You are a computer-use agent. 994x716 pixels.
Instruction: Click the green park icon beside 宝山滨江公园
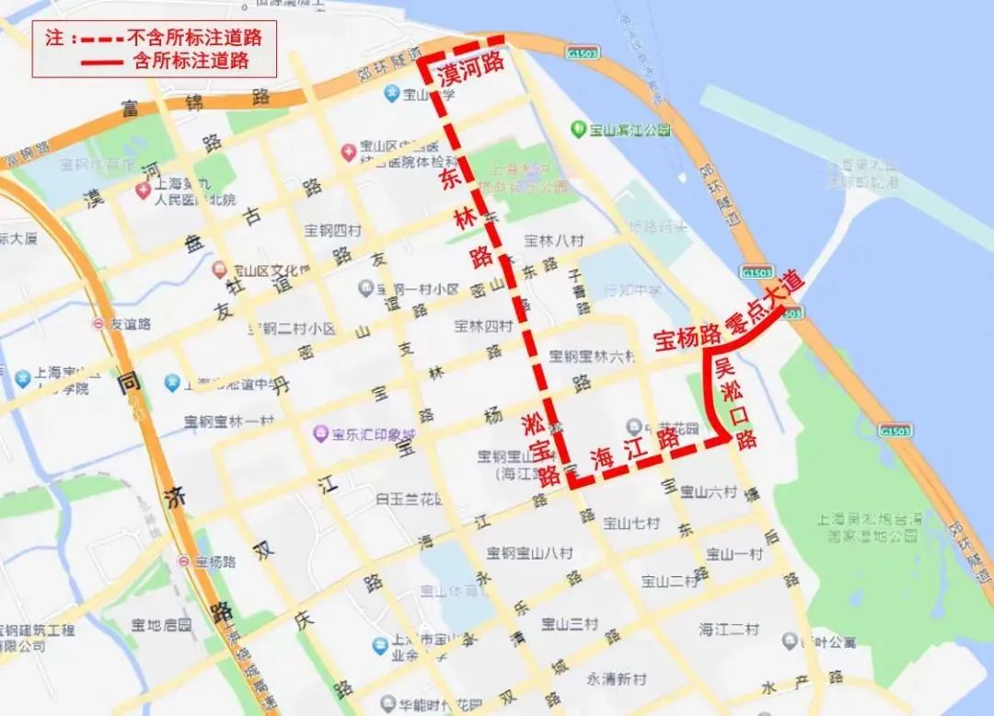pyautogui.click(x=579, y=129)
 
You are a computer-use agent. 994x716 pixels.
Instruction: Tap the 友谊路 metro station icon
pyautogui.click(x=98, y=324)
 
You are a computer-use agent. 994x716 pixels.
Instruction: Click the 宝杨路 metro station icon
pyautogui.click(x=184, y=561)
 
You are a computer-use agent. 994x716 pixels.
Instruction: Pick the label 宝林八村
pyautogui.click(x=554, y=241)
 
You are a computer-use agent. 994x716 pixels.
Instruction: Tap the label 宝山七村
pyautogui.click(x=631, y=524)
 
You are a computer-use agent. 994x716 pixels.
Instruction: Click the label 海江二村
pyautogui.click(x=729, y=629)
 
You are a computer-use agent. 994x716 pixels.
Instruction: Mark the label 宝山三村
pyautogui.click(x=570, y=624)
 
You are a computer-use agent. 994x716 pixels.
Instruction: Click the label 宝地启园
pyautogui.click(x=160, y=626)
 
